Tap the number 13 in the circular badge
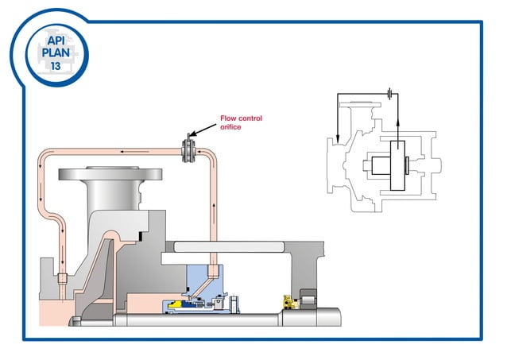[x=55, y=67]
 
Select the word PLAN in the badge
[x=55, y=52]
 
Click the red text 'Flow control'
[x=241, y=118]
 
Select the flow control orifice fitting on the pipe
[x=189, y=149]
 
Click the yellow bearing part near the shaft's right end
[x=288, y=302]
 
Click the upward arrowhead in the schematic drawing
[x=397, y=115]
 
